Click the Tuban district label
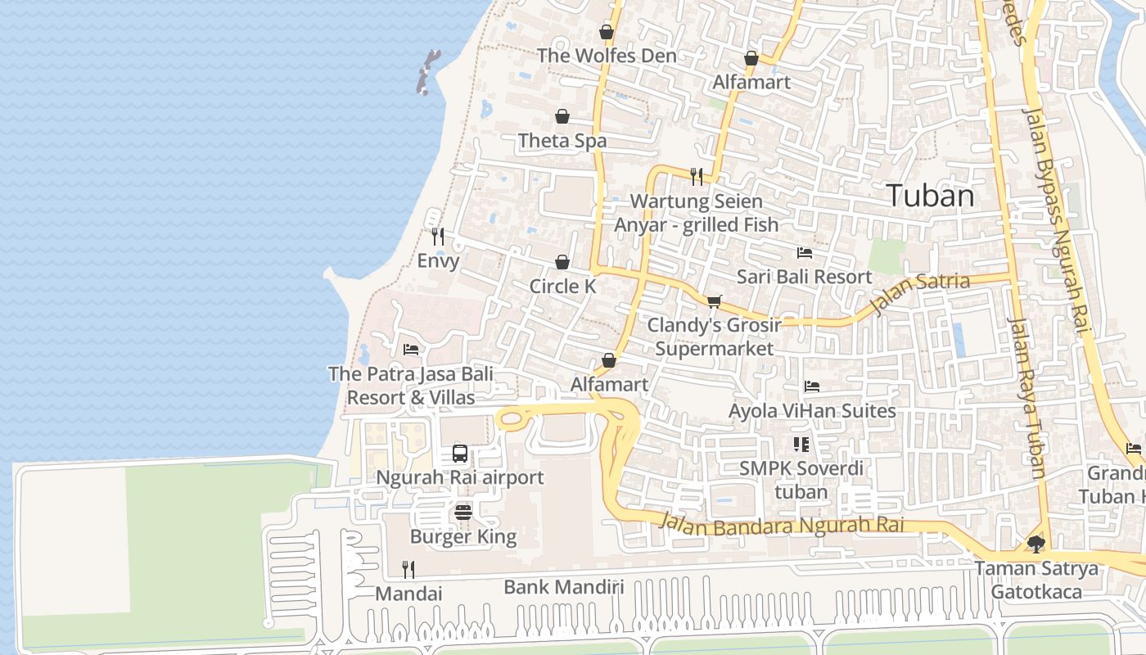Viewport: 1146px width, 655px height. tap(930, 196)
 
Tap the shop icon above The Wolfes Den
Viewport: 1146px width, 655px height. tap(607, 33)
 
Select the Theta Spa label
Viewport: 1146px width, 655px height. tap(562, 141)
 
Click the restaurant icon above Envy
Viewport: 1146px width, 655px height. tap(438, 237)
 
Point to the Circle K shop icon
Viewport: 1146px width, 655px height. tap(562, 263)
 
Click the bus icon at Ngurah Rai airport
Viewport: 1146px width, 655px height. tap(460, 454)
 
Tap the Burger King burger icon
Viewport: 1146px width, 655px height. tap(463, 513)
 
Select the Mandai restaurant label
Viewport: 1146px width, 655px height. tap(408, 594)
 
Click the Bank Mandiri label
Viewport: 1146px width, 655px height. tap(563, 587)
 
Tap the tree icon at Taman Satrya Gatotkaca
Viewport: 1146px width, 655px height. tap(1036, 544)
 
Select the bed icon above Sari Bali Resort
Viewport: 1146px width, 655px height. tap(805, 253)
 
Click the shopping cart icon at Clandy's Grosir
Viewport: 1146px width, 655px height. tap(714, 301)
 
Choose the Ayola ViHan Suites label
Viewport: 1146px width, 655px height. tap(812, 410)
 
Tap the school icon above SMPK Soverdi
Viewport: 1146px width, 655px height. tap(801, 445)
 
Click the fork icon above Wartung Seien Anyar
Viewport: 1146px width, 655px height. tap(697, 176)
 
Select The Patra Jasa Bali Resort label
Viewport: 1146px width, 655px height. tap(411, 386)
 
